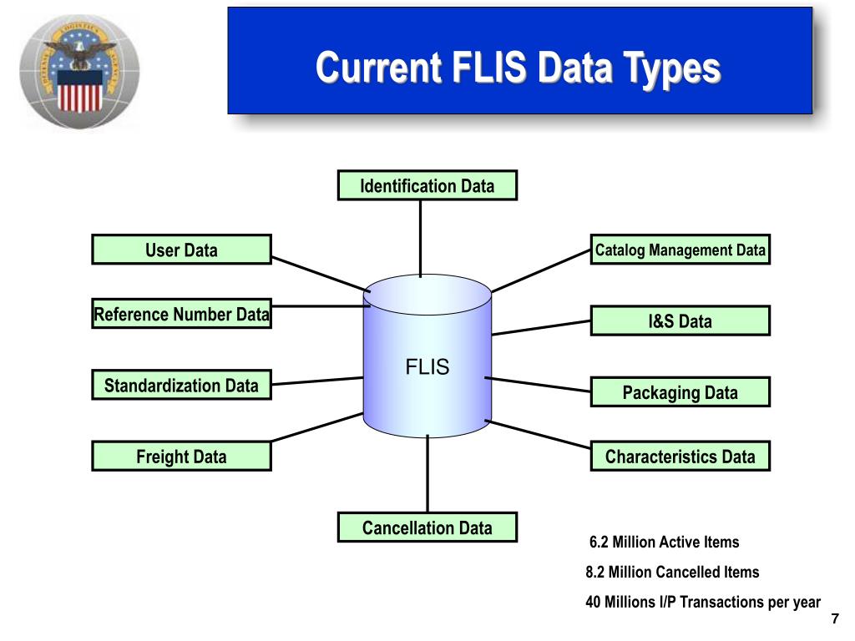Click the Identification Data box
coord(427,185)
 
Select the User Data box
coord(181,250)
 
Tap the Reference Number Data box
coord(181,314)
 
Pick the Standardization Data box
coord(181,385)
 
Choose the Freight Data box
coord(181,457)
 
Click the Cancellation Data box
coord(427,527)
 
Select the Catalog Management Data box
coord(680,250)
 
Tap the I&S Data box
coord(680,321)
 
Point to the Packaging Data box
coord(680,392)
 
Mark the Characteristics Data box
coord(680,457)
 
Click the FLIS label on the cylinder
coord(427,367)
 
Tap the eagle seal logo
coord(79,70)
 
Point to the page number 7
coord(834,618)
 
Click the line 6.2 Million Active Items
coord(664,543)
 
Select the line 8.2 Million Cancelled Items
coord(672,573)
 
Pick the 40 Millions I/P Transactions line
coord(703,602)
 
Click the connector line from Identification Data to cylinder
coord(421,238)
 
